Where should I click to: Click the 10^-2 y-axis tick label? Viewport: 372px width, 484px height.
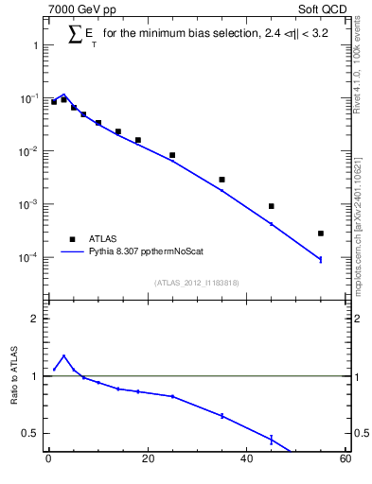[x=27, y=152]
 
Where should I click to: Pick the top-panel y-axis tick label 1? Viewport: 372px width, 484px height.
[x=35, y=46]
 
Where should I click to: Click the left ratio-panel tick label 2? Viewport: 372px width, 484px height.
[x=35, y=320]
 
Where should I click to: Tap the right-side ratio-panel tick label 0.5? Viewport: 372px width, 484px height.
[x=363, y=434]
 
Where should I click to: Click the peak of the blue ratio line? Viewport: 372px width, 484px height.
[x=63, y=356]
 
